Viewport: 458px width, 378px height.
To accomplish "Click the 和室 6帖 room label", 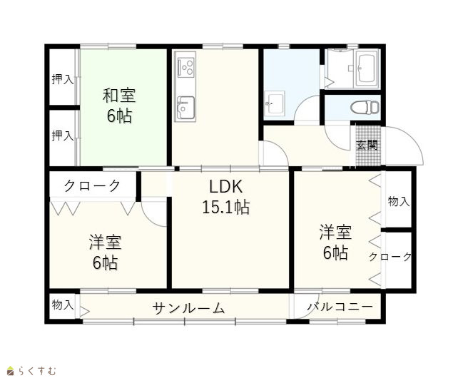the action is [x=119, y=106].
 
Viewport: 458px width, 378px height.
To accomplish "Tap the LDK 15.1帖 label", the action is [x=225, y=197].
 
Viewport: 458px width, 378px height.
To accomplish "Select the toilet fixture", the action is [x=365, y=107].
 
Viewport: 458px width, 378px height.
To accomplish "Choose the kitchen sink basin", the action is [x=185, y=108].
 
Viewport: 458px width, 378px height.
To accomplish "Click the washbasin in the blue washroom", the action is [x=274, y=103].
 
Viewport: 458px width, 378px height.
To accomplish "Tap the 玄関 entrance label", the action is [x=367, y=145].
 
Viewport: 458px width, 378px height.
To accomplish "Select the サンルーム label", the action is [x=188, y=307].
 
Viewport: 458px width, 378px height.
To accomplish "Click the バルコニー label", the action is [x=340, y=307].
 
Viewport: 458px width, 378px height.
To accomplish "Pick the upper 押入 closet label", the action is [x=63, y=79].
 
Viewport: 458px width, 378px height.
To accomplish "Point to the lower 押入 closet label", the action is [x=63, y=136].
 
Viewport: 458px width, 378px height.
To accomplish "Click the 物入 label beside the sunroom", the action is [x=62, y=305].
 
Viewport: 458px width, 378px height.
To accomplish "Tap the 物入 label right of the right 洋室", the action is [x=399, y=201].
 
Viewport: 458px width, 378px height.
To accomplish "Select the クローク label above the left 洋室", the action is [x=92, y=185].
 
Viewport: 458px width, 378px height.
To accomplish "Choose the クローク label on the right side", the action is [x=390, y=257].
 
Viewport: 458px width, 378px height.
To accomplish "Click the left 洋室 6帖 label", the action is [x=105, y=252].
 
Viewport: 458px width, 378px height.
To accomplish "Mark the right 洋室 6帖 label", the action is [x=335, y=242].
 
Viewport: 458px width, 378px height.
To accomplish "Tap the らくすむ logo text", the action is [x=37, y=371].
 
